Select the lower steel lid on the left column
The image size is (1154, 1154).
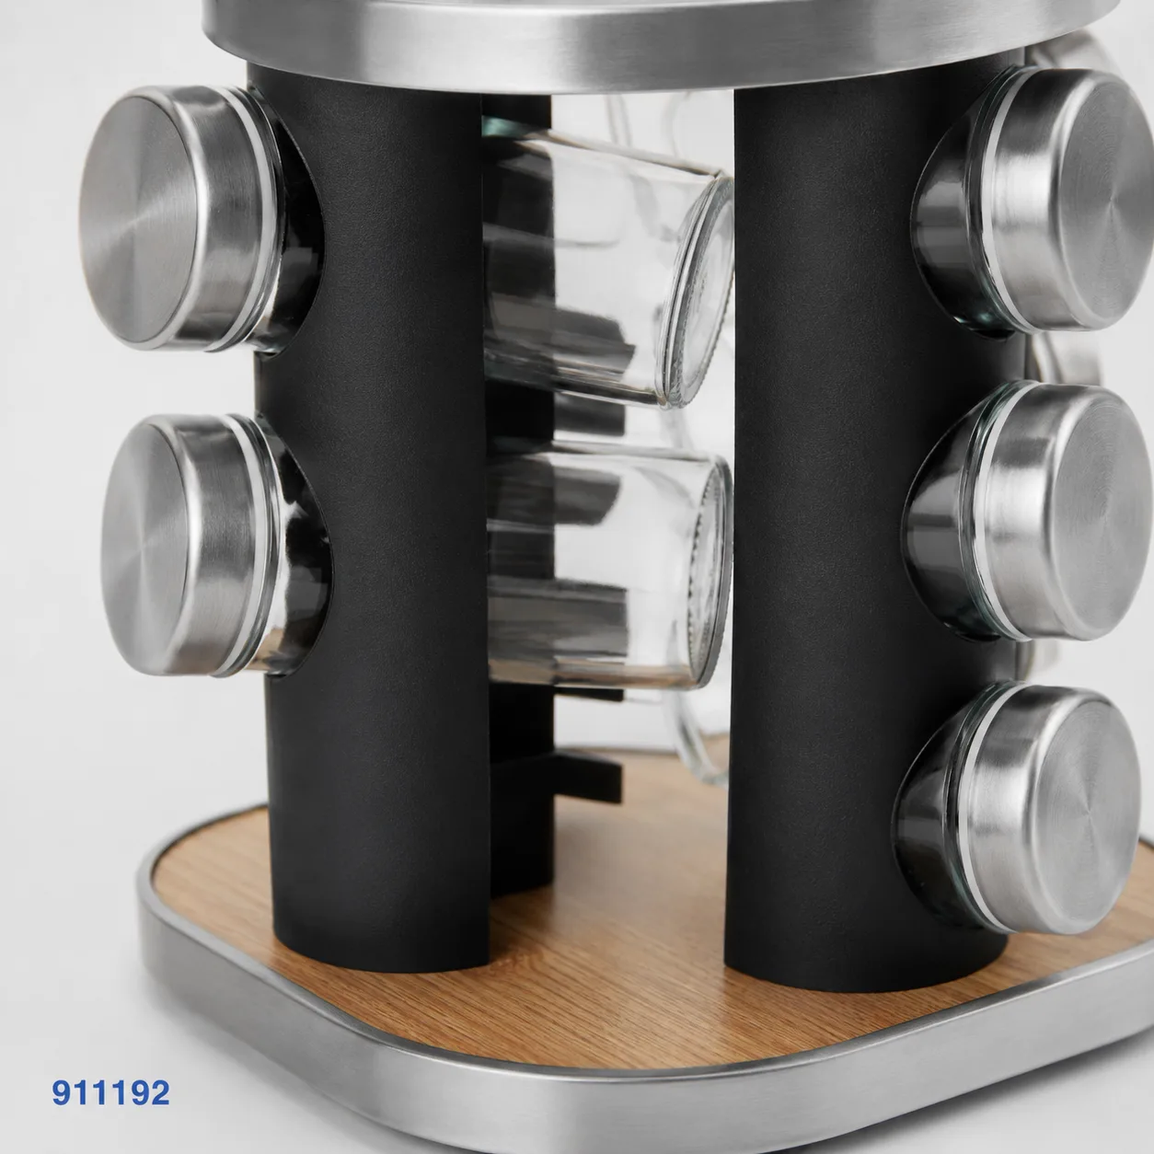tap(189, 545)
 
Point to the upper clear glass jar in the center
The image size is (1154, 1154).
tap(608, 267)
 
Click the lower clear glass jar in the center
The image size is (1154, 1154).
tap(608, 571)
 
